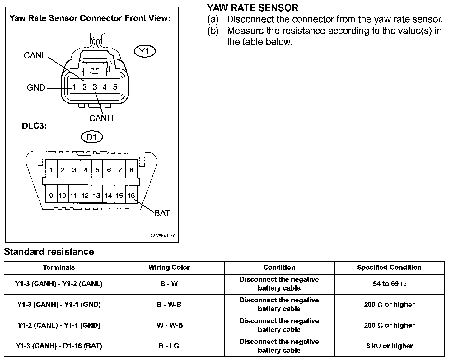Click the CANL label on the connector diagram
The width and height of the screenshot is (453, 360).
[x=35, y=55]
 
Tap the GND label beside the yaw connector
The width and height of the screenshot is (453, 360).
[x=36, y=88]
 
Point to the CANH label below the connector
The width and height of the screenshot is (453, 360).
[x=101, y=118]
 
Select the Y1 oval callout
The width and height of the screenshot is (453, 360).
[x=144, y=51]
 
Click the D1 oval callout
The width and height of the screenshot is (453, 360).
[x=91, y=137]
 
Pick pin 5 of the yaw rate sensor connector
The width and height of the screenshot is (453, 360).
[x=115, y=87]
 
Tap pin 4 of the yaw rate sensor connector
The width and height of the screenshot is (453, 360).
[x=105, y=87]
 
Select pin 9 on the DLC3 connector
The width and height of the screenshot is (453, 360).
[x=51, y=196]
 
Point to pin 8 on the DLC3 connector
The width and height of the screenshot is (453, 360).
[x=131, y=170]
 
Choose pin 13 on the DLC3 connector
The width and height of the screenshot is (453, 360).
[x=97, y=196]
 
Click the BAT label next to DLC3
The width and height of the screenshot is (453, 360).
[x=162, y=213]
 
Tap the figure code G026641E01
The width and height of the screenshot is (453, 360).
[x=163, y=236]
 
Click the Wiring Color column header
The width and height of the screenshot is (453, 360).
[x=169, y=267]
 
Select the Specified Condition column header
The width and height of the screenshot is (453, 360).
[x=389, y=267]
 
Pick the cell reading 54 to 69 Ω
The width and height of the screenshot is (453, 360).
[x=389, y=284]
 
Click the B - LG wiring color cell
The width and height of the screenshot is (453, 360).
[x=169, y=346]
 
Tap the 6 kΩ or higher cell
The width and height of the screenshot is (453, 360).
[x=389, y=346]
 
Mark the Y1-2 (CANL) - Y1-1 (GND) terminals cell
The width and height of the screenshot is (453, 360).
[x=59, y=325]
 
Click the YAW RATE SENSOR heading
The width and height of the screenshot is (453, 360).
[x=253, y=8]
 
